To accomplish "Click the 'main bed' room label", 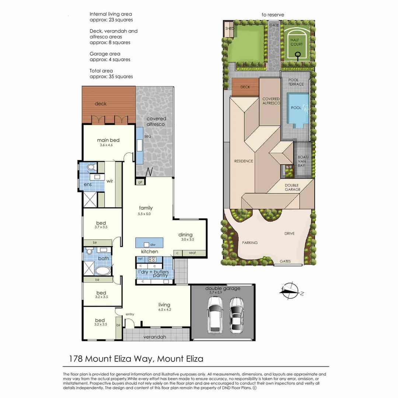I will [108, 140].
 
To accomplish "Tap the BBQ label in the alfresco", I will [147, 136].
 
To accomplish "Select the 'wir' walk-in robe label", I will [110, 181].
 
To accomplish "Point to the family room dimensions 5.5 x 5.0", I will [146, 214].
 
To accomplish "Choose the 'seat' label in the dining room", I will [192, 253].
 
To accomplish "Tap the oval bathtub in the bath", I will [102, 271].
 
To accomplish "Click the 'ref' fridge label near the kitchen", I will [140, 259].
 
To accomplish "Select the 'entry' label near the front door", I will [130, 314].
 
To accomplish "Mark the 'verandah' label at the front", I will [155, 337].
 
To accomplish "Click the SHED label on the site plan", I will [229, 28].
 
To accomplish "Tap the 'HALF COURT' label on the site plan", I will [296, 42].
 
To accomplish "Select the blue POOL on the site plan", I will [298, 109].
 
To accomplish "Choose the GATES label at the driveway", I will [285, 261].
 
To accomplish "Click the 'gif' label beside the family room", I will [140, 182].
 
